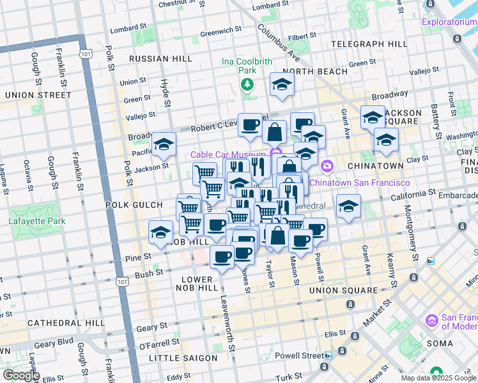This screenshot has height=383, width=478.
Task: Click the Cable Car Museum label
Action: point(228,155)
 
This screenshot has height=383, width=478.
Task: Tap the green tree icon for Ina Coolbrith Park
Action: point(247,84)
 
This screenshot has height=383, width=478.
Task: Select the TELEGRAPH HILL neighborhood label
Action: point(369,44)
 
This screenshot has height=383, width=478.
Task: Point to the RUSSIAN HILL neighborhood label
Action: point(160,59)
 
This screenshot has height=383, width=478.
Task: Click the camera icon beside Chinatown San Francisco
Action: point(327,167)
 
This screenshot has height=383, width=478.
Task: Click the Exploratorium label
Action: point(449,23)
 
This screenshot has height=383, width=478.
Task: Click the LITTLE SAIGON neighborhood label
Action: point(183,358)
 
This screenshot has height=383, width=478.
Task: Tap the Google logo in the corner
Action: point(21,375)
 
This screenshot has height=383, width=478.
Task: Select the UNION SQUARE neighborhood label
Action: point(344,290)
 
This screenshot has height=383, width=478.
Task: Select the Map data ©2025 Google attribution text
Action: point(439,378)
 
